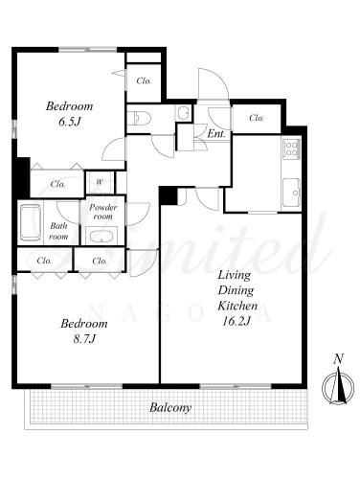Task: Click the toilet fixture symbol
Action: point(140,118)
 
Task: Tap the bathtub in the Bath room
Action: point(31,222)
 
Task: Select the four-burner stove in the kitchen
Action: point(292,148)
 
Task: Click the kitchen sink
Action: point(291,193)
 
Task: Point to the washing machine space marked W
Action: point(100,182)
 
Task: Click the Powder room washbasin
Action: point(101,237)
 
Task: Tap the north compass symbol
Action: point(338,388)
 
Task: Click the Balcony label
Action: point(170,407)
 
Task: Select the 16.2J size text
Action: point(236,321)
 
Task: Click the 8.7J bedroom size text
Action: point(84,338)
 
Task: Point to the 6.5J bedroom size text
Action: point(70,122)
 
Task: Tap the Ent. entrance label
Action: point(216,134)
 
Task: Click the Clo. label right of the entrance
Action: point(257,118)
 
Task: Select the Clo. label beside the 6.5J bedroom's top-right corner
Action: point(144,80)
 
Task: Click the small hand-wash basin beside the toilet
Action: point(183,113)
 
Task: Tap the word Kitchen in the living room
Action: point(237,306)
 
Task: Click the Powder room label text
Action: point(102,212)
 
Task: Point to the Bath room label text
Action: point(58,231)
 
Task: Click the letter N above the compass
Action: point(338,359)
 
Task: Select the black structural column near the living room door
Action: point(168,195)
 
